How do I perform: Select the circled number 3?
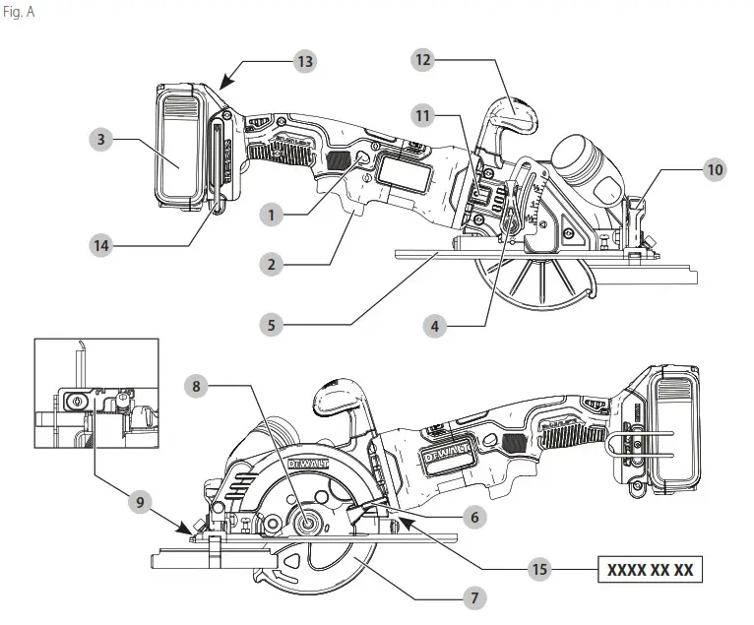pos(101,140)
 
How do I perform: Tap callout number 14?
pos(101,246)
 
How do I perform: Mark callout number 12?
pos(423,60)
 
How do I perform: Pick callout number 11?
pos(423,116)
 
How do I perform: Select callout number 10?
pos(716,169)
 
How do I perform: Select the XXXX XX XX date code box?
pos(651,569)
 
